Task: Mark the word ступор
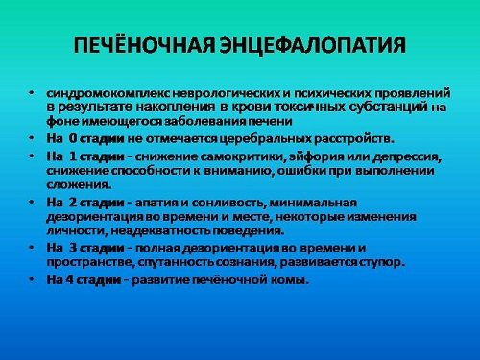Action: [385, 261]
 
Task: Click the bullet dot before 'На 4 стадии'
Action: [32, 279]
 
